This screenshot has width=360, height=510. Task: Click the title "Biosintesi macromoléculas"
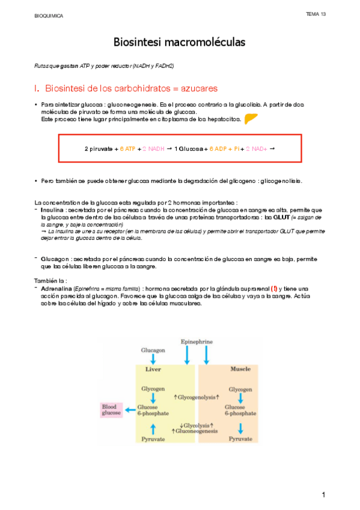tap(180, 43)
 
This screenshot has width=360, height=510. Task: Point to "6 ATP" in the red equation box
tap(127, 147)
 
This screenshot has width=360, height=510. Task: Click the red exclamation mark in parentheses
tap(274, 288)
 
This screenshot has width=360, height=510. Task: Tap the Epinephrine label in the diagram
tap(197, 342)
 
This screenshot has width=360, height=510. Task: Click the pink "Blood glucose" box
tap(111, 410)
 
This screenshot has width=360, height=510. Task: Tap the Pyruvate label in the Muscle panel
tap(240, 440)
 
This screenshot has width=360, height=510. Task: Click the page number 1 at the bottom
tap(323, 494)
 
